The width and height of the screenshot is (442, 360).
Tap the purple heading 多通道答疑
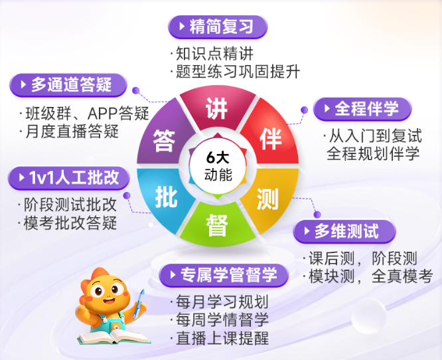click(x=70, y=84)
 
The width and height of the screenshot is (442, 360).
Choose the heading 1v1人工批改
click(x=66, y=177)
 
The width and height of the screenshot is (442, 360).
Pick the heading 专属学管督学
click(x=218, y=274)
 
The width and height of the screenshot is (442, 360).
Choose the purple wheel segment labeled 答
click(x=163, y=139)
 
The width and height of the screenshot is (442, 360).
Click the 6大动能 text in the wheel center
click(x=217, y=167)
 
